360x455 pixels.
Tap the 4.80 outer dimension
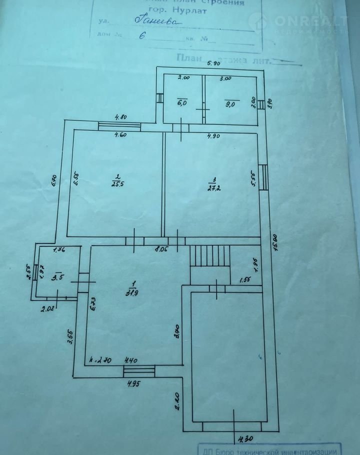coord(120,117)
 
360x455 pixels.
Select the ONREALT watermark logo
coord(303,21)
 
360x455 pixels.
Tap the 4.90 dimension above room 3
coord(216,135)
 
